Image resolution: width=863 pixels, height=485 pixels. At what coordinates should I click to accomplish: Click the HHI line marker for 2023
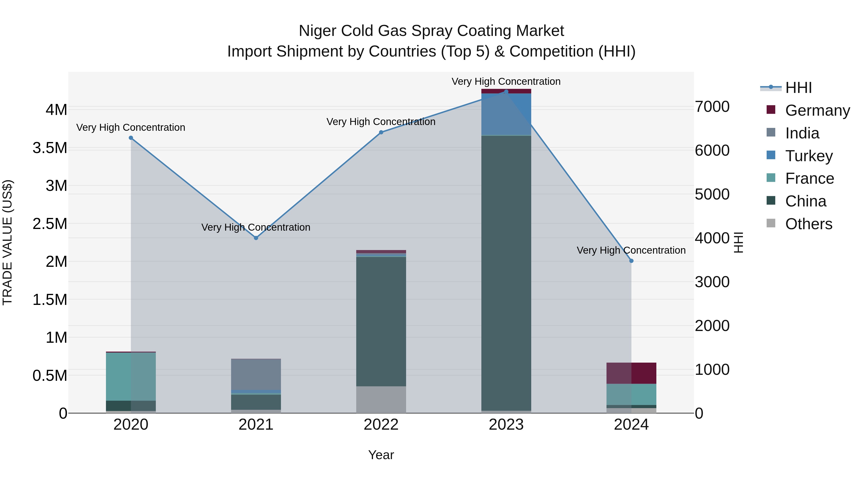(506, 92)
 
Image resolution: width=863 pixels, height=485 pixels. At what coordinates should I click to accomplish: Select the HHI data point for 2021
(256, 238)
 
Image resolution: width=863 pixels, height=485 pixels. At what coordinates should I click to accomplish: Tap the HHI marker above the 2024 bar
(631, 261)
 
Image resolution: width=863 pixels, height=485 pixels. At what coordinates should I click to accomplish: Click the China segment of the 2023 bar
(506, 273)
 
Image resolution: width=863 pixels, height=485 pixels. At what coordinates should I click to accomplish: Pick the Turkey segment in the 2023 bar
(506, 114)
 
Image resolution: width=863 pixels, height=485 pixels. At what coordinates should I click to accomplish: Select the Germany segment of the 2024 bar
(631, 373)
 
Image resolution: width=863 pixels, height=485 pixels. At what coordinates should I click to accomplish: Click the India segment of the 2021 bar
(256, 374)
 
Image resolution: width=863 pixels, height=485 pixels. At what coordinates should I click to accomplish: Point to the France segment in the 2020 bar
(131, 377)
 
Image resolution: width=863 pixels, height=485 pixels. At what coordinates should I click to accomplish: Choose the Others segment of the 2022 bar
(381, 400)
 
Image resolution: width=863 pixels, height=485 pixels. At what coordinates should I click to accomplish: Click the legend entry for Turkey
(809, 156)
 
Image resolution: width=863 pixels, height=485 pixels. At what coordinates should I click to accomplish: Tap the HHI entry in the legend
(798, 88)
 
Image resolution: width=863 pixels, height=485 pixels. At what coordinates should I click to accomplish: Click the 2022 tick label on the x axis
(381, 425)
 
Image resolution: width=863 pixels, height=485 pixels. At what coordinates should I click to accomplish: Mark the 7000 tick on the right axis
(712, 107)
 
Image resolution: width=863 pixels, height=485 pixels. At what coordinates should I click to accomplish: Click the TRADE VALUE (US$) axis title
(8, 242)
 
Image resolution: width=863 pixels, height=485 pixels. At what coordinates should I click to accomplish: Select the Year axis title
(381, 455)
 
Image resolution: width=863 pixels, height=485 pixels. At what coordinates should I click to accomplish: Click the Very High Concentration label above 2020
(131, 127)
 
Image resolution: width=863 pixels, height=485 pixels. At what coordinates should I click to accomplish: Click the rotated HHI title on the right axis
(738, 242)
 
